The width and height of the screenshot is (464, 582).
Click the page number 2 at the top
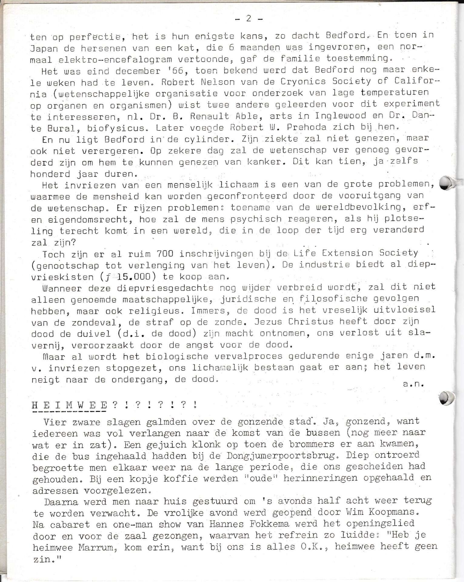(249, 19)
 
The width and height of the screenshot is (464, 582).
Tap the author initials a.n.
(413, 384)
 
